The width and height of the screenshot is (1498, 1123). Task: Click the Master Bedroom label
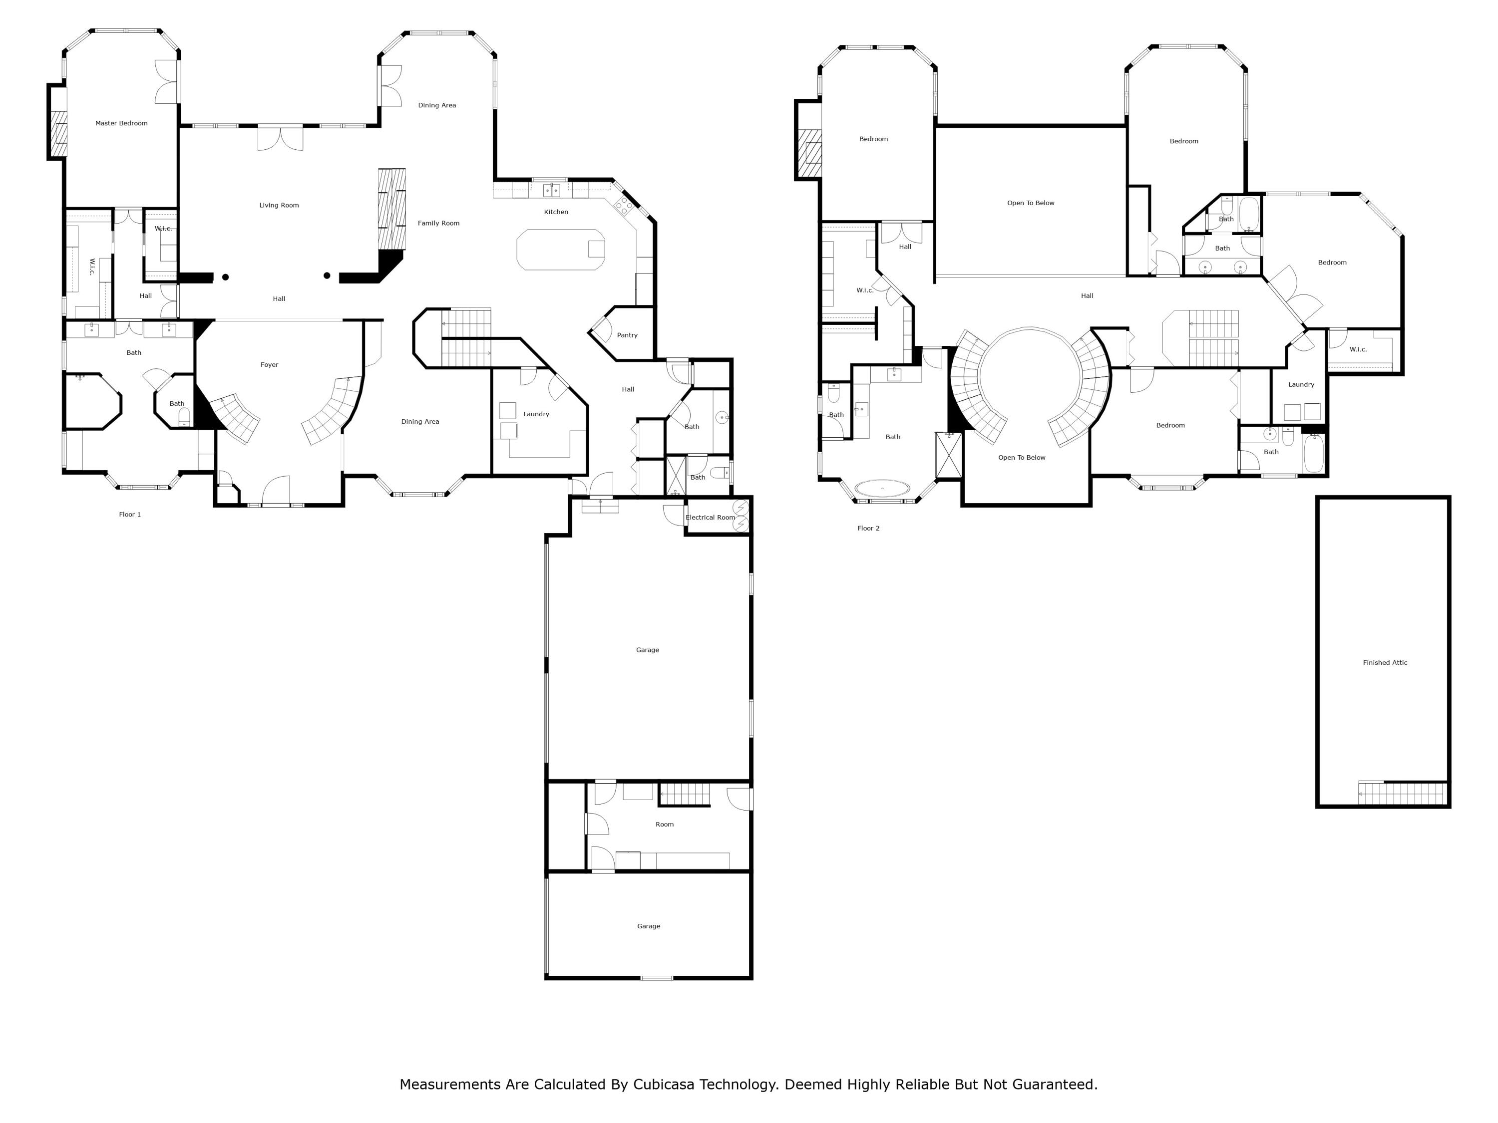(121, 123)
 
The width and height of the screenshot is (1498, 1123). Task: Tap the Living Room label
(279, 205)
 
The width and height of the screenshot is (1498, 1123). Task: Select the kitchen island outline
(560, 250)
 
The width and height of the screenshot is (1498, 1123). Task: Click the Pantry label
(627, 335)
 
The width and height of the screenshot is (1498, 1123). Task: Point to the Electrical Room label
(710, 517)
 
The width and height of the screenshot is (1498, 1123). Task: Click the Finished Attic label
(1385, 663)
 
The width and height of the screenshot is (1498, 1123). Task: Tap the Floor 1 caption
(130, 515)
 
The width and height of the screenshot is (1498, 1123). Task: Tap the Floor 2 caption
(868, 528)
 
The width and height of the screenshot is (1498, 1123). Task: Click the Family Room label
(438, 224)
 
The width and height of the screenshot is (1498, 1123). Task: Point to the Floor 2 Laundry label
(1301, 384)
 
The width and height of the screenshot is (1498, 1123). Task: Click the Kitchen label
(556, 212)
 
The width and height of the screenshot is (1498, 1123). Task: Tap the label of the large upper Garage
(648, 650)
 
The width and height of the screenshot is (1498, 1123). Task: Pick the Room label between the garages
(664, 825)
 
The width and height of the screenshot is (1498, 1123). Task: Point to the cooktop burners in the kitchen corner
(623, 205)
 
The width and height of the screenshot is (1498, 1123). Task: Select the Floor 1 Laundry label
(536, 414)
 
